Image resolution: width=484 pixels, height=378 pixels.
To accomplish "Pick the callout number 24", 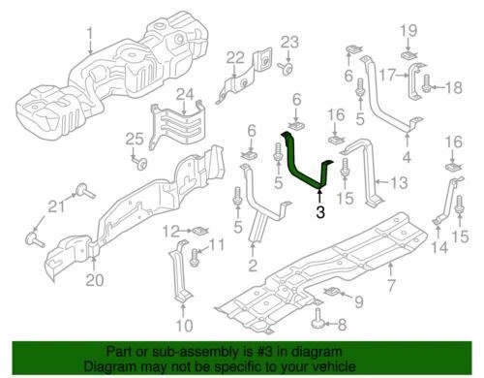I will point(184,94).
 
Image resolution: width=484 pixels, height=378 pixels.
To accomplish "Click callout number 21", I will point(55,205).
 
